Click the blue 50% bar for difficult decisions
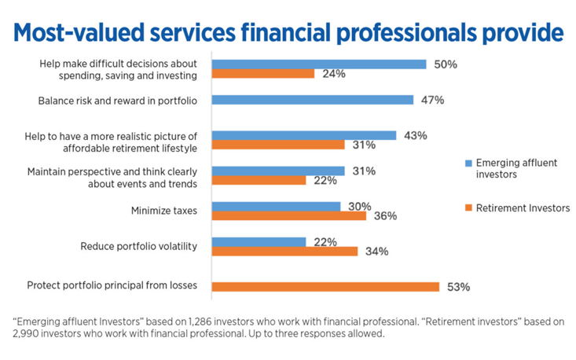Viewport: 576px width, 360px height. (319, 64)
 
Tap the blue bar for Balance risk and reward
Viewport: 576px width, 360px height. (313, 100)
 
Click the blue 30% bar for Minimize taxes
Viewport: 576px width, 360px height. (276, 206)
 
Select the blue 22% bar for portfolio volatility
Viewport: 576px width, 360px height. (259, 242)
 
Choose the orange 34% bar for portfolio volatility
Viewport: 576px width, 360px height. (284, 252)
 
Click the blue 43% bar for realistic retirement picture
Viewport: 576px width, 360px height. (304, 135)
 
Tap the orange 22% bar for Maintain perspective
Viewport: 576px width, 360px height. (259, 180)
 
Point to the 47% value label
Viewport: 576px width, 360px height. (432, 100)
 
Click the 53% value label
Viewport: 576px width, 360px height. (457, 287)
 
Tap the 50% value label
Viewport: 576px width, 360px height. (446, 64)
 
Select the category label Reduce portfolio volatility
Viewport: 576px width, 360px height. (138, 246)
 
